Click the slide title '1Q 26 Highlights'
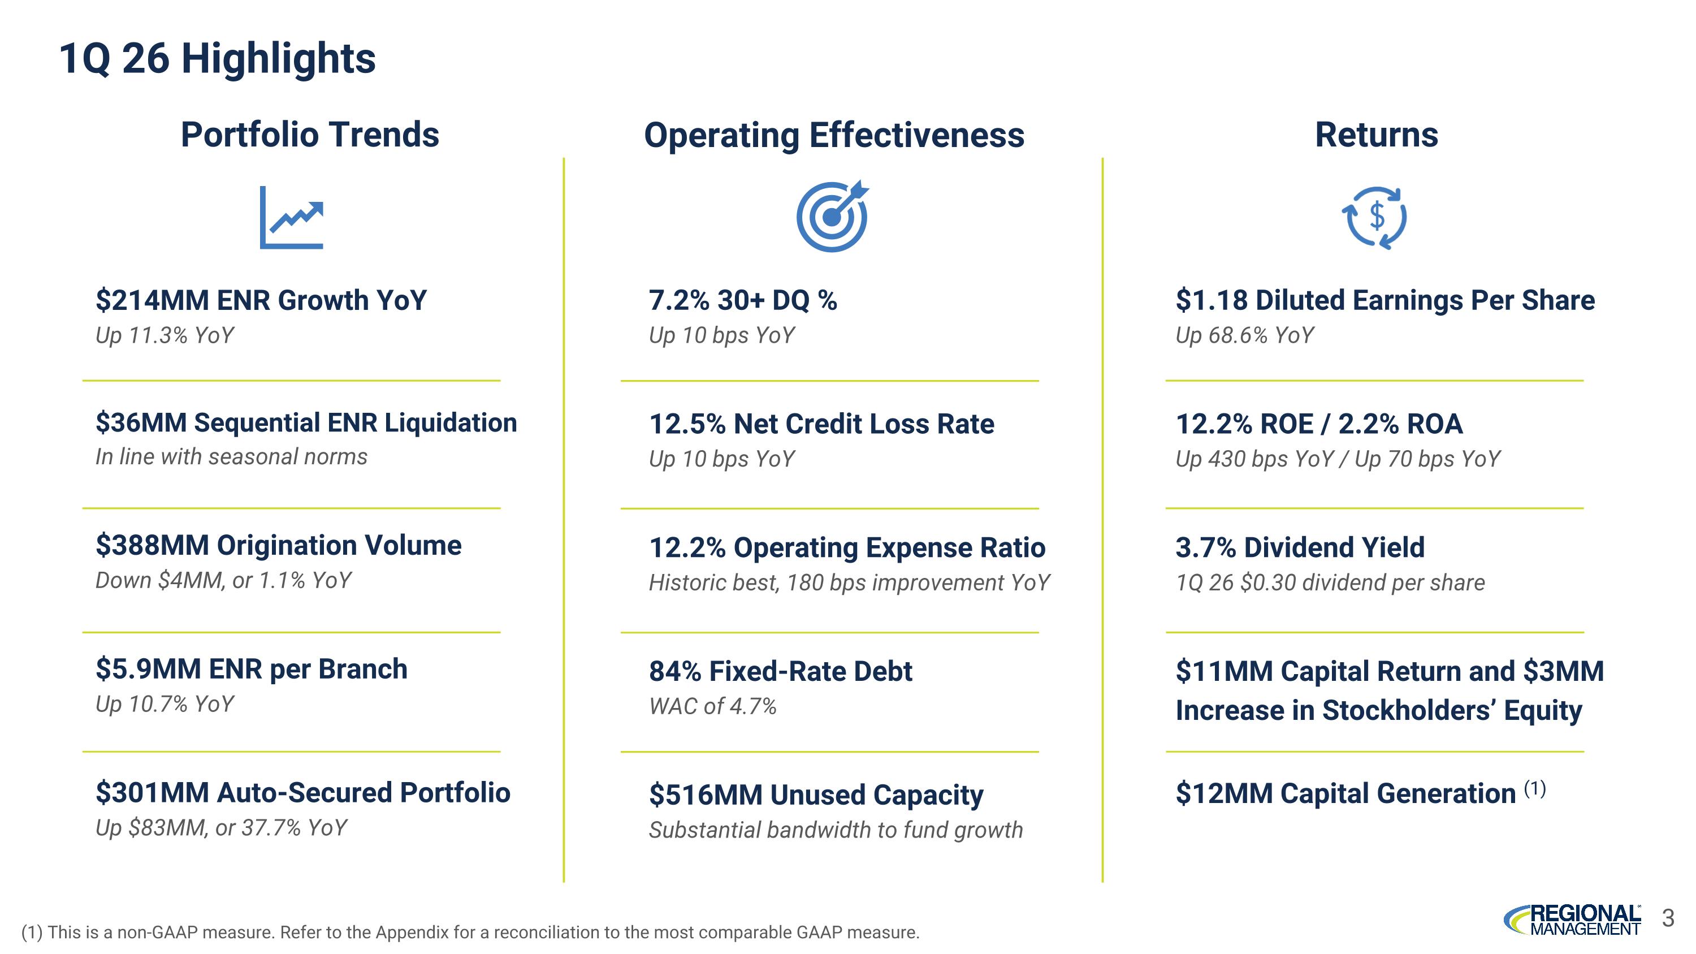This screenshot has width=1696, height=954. [x=217, y=59]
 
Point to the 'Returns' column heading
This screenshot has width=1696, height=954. [x=1376, y=135]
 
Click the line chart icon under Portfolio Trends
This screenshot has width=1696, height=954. [x=292, y=217]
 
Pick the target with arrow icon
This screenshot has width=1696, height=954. [x=832, y=216]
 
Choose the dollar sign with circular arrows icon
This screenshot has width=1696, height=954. [x=1375, y=217]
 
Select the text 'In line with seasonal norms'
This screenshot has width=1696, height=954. [x=231, y=457]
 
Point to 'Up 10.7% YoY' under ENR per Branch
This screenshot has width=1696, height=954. [x=165, y=705]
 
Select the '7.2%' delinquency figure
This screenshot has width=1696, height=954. [x=679, y=300]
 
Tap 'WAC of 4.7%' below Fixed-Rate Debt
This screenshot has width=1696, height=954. [x=712, y=706]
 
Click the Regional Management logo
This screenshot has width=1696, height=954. [x=1572, y=920]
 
